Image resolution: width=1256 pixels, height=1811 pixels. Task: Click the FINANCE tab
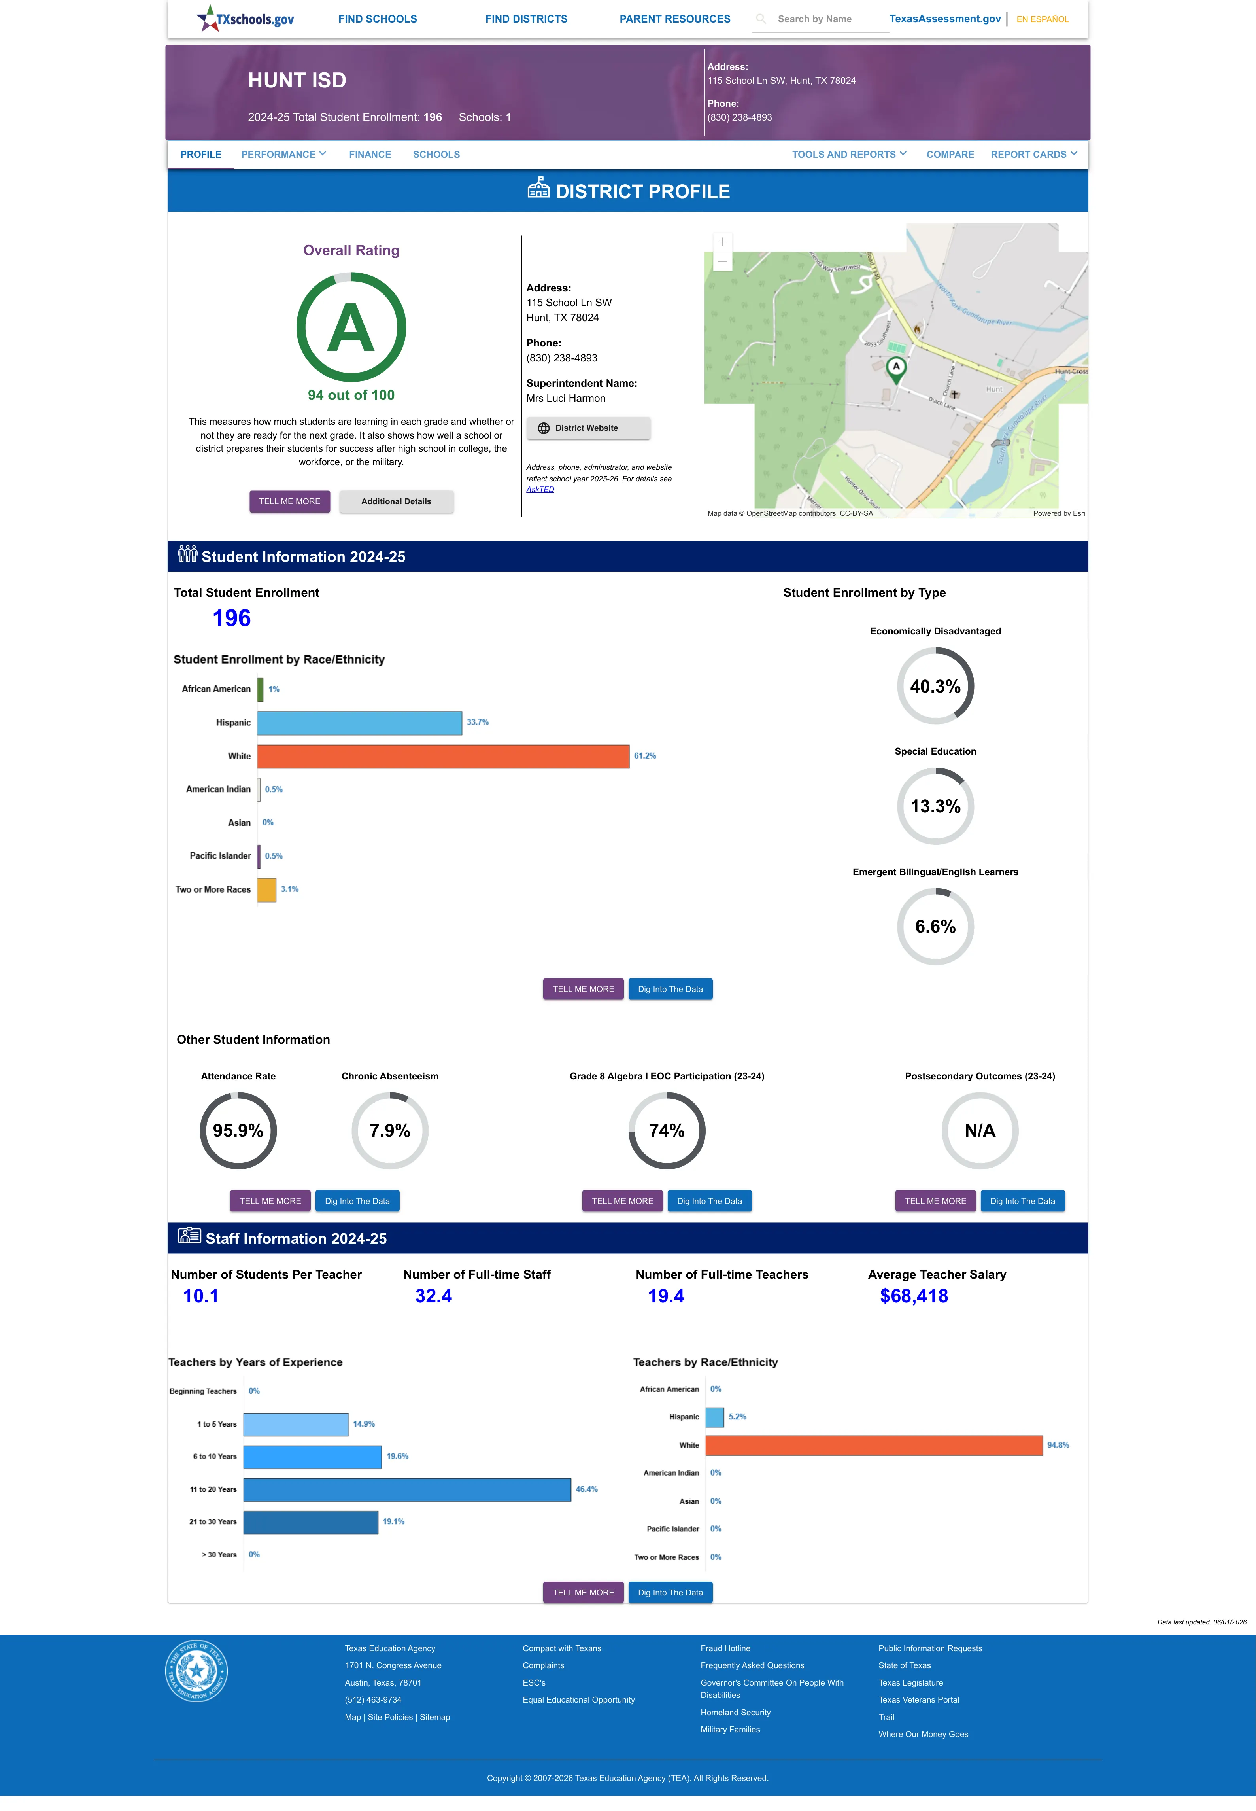(370, 154)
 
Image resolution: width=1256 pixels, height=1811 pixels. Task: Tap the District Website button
(588, 428)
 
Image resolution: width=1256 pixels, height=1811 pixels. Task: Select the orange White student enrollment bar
(443, 755)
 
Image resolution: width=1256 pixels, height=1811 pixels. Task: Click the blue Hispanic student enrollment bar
(360, 723)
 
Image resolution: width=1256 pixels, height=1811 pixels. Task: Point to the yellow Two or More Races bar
(267, 889)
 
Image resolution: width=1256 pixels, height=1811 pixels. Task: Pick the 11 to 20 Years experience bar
(407, 1489)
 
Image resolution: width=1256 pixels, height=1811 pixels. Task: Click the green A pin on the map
(895, 369)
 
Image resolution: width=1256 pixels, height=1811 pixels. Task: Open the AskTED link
(540, 490)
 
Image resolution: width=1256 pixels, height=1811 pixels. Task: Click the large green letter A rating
(351, 328)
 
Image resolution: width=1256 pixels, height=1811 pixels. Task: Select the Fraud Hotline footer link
(725, 1648)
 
